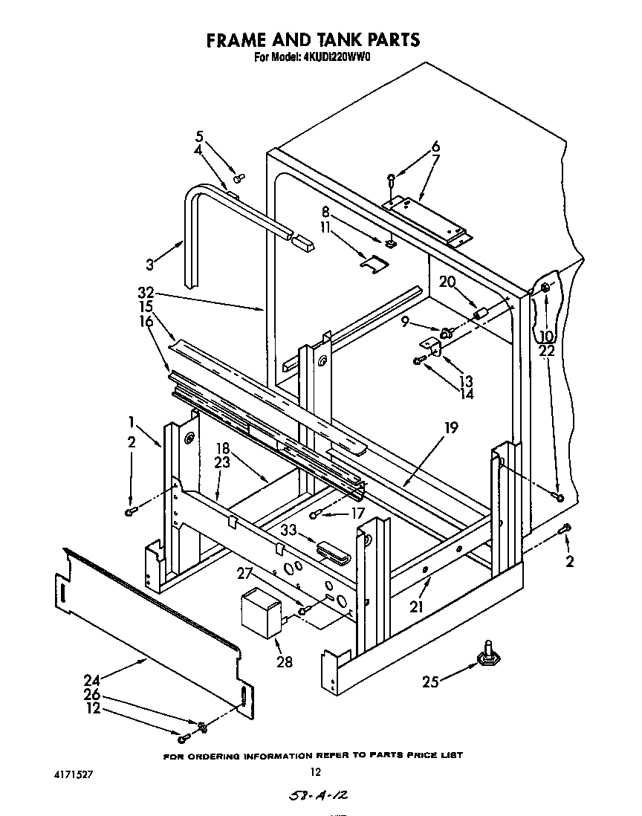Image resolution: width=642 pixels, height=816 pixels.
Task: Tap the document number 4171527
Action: (x=72, y=773)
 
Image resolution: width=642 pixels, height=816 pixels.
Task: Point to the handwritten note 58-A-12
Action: (x=320, y=797)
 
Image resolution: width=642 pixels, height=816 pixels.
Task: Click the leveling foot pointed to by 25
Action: (x=487, y=653)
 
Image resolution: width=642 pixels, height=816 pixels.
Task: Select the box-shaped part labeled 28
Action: (x=260, y=612)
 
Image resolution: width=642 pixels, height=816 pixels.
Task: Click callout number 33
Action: (x=288, y=531)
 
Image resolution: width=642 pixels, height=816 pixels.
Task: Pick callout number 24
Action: (x=91, y=679)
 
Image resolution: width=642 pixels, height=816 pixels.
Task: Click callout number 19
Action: (x=451, y=428)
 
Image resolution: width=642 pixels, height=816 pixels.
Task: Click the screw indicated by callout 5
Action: (x=239, y=178)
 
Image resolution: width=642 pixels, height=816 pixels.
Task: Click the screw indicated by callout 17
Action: (x=316, y=514)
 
